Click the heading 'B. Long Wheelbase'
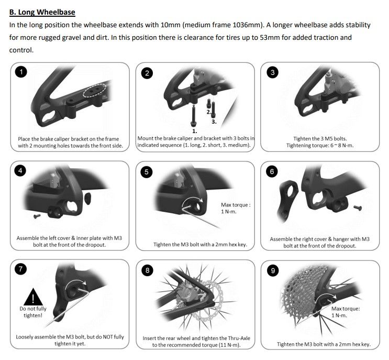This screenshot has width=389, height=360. (42, 12)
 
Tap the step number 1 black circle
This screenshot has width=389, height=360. (21, 72)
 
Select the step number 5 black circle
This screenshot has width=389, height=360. (147, 172)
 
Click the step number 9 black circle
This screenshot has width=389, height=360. (273, 270)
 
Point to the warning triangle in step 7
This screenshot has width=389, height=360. (33, 297)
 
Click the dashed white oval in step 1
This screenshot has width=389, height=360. (95, 91)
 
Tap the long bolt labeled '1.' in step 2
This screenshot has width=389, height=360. (193, 116)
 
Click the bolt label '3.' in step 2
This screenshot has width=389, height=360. (214, 122)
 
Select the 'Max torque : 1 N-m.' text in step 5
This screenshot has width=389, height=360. (236, 208)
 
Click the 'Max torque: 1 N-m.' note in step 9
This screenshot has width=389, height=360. (346, 312)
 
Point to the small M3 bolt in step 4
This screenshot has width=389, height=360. (37, 216)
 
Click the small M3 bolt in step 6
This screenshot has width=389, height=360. (357, 208)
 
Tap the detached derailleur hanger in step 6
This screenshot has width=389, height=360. (287, 200)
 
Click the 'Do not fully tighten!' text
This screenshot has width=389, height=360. (33, 312)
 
